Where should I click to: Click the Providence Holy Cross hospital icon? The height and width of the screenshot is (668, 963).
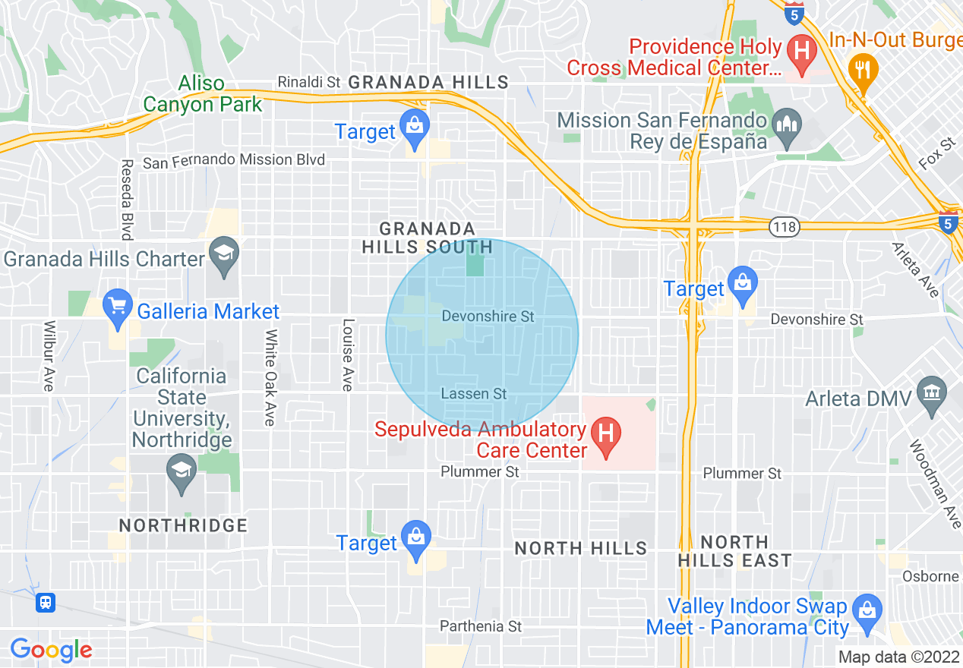(x=800, y=51)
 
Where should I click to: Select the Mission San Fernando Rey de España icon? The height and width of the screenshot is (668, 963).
(x=786, y=123)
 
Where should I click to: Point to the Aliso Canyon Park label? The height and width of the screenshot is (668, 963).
(x=203, y=94)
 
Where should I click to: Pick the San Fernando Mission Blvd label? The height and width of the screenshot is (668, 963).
(x=234, y=160)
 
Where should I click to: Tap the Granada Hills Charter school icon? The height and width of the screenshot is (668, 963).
(x=224, y=252)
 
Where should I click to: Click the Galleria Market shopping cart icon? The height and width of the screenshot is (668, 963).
(x=117, y=306)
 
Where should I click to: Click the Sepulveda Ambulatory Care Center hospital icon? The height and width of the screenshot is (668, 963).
(x=606, y=435)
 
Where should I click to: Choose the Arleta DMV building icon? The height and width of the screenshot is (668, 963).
(x=931, y=392)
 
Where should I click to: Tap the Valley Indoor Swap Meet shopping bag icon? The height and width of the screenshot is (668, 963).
(x=865, y=609)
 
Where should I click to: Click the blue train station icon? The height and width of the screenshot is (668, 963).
(x=46, y=603)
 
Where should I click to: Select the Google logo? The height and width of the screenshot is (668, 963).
(x=51, y=650)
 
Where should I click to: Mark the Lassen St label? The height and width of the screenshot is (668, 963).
(x=474, y=394)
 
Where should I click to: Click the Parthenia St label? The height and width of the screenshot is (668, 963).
(x=481, y=626)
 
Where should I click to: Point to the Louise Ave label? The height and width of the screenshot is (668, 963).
(x=348, y=354)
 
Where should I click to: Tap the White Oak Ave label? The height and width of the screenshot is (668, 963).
(x=270, y=377)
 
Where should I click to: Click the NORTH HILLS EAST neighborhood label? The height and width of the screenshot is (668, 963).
(x=734, y=552)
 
